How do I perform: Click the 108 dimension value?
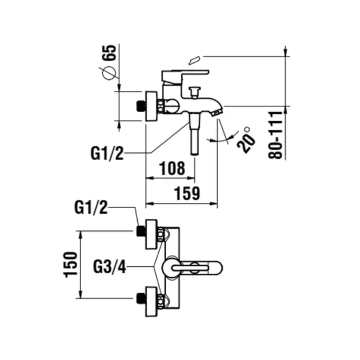(x=171, y=168)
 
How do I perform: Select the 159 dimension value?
(x=187, y=193)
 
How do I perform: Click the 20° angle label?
(x=245, y=139)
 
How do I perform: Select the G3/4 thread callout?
(x=109, y=266)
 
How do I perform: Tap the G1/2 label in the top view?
(x=92, y=208)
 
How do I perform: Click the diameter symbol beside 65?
(x=109, y=74)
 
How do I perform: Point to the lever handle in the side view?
(x=185, y=75)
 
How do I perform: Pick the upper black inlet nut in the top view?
(x=139, y=231)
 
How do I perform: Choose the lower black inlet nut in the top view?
(x=139, y=297)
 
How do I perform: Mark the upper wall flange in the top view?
(x=151, y=233)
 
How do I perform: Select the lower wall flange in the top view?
(x=151, y=299)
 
